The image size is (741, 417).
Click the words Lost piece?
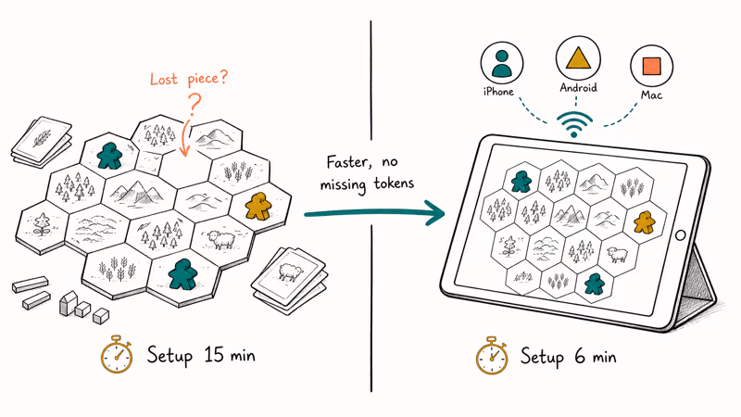click(x=189, y=78)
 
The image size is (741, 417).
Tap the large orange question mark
click(x=195, y=105)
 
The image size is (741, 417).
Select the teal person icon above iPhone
click(x=501, y=63)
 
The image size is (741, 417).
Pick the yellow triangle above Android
click(x=578, y=58)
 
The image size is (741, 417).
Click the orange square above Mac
click(x=652, y=66)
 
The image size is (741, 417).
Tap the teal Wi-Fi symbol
click(x=573, y=124)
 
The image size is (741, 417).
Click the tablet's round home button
click(x=681, y=235)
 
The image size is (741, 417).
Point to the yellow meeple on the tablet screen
click(x=645, y=221)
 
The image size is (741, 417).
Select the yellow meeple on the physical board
click(x=258, y=206)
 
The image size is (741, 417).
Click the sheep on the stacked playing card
click(x=289, y=272)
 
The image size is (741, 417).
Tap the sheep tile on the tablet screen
click(x=618, y=255)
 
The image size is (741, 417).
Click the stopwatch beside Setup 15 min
click(x=117, y=355)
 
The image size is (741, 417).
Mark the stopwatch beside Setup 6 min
click(x=492, y=356)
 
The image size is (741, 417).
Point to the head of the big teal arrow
click(x=435, y=213)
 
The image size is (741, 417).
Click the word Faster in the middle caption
click(x=348, y=163)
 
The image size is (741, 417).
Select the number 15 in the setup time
click(x=214, y=355)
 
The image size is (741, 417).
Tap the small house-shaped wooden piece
click(x=68, y=303)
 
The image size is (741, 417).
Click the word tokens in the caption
click(x=394, y=183)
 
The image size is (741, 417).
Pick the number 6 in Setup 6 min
click(x=580, y=356)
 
